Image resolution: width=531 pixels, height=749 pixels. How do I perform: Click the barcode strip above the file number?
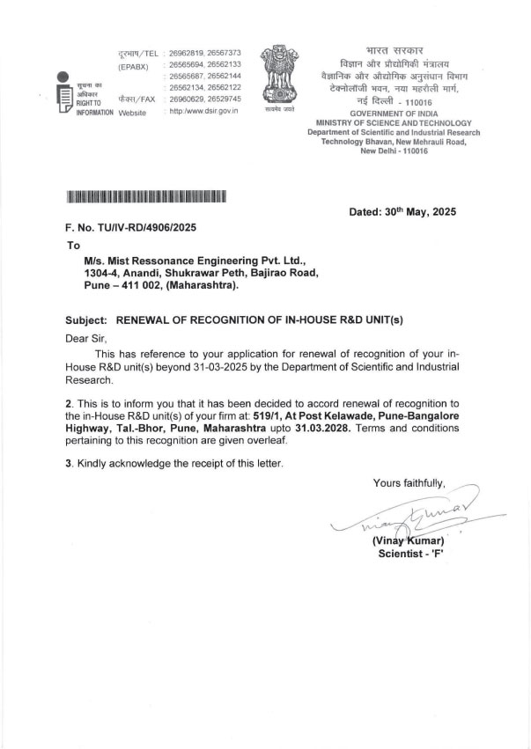(x=147, y=196)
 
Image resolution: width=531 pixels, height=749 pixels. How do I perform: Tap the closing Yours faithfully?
(x=409, y=482)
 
